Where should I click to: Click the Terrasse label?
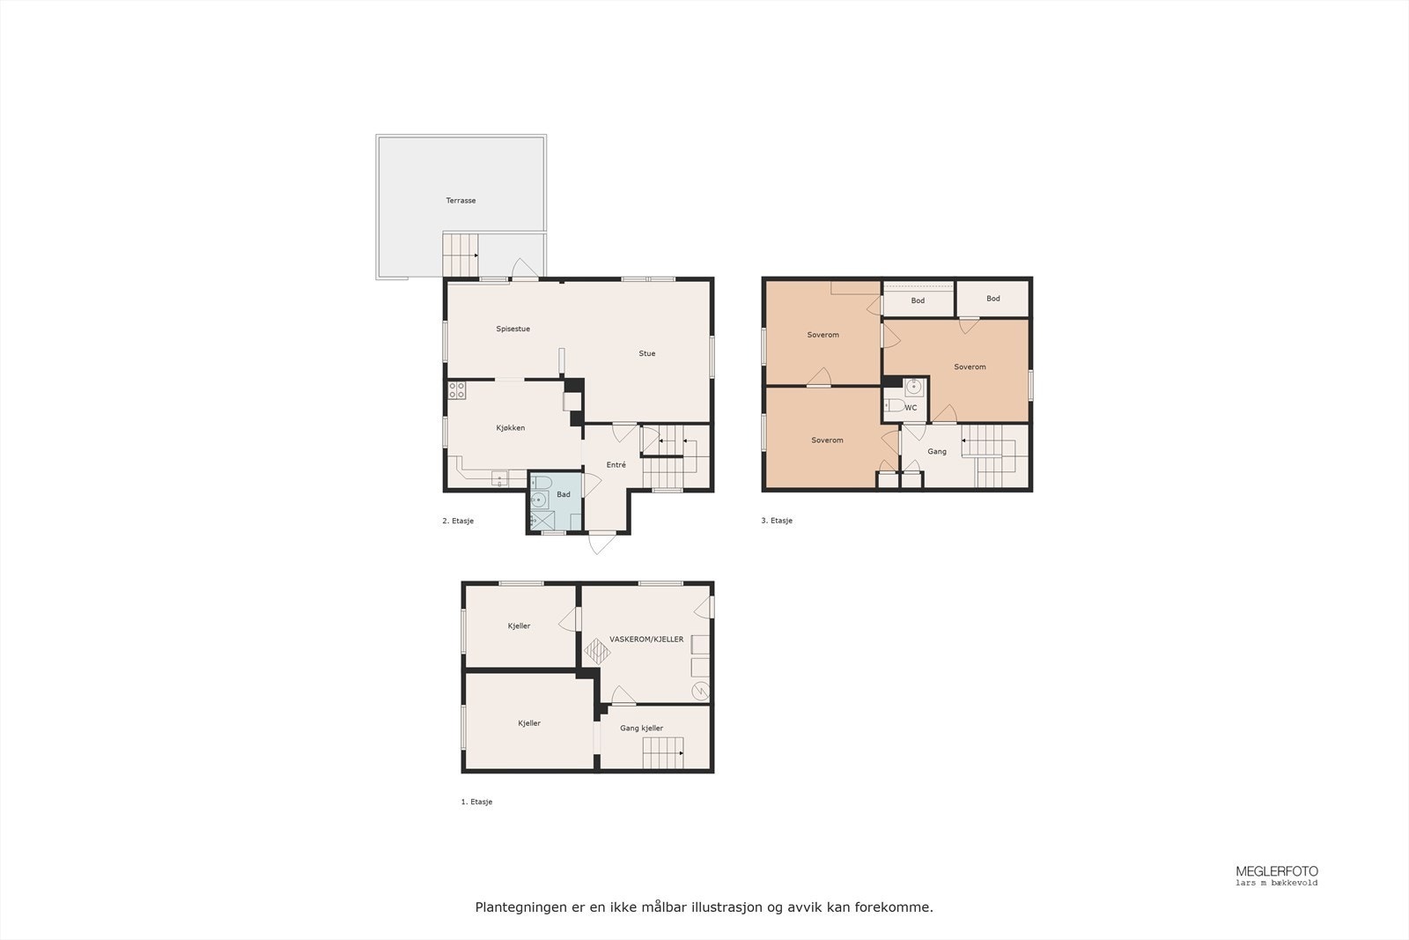point(461,201)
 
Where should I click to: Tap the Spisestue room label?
point(513,329)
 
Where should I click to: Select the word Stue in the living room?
point(647,353)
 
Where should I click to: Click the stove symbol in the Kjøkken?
point(456,390)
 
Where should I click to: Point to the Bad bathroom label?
point(564,494)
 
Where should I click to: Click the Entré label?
point(616,465)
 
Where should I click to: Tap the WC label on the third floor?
point(911,408)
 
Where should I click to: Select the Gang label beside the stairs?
point(937,452)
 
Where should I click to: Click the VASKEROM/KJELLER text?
point(646,640)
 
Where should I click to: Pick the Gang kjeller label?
point(641,729)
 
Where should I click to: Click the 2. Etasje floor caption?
point(458,522)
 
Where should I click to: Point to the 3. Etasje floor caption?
point(777,521)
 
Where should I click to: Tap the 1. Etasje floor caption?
point(476,803)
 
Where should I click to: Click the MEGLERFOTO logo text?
point(1277,870)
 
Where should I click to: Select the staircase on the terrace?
point(459,255)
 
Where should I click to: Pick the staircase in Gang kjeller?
point(663,754)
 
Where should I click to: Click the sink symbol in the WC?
point(914,386)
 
